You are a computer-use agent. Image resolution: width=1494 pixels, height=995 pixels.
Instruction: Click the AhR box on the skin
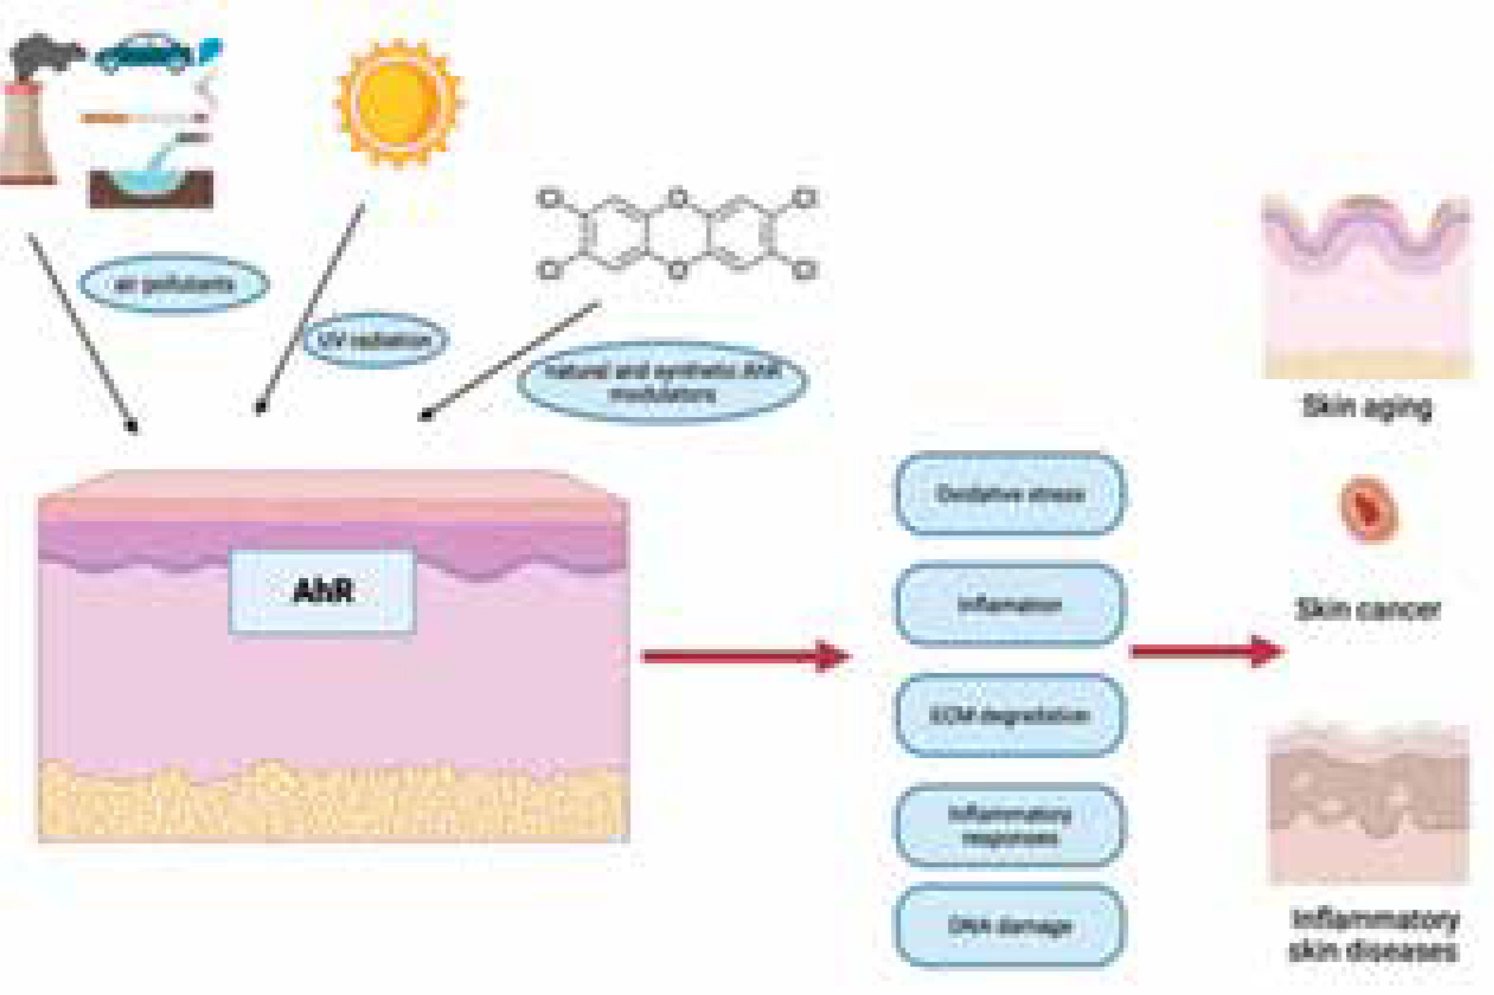[x=322, y=592]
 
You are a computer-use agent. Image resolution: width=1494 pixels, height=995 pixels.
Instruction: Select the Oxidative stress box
[x=1010, y=494]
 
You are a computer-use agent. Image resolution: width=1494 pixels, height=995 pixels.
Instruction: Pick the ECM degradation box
[x=1010, y=715]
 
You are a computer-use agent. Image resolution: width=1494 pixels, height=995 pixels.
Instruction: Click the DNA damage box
[x=1010, y=926]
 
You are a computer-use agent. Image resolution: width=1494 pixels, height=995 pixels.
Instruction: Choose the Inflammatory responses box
[x=1010, y=824]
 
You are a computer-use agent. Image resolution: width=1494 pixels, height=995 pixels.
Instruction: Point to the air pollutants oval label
[x=173, y=283]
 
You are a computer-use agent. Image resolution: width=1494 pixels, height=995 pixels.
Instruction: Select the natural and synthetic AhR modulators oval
[x=663, y=381]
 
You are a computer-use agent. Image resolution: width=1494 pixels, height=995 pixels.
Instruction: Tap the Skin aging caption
[x=1366, y=407]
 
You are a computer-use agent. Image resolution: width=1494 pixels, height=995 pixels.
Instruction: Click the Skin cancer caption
[x=1367, y=609]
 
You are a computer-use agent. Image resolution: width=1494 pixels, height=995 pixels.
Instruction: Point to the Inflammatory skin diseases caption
[x=1374, y=934]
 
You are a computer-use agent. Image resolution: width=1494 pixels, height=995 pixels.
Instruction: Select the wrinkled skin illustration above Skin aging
[x=1366, y=284]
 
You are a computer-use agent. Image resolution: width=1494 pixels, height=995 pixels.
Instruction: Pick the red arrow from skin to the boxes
[x=745, y=656]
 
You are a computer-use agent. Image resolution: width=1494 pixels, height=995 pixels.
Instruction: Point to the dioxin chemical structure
[x=677, y=236]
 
